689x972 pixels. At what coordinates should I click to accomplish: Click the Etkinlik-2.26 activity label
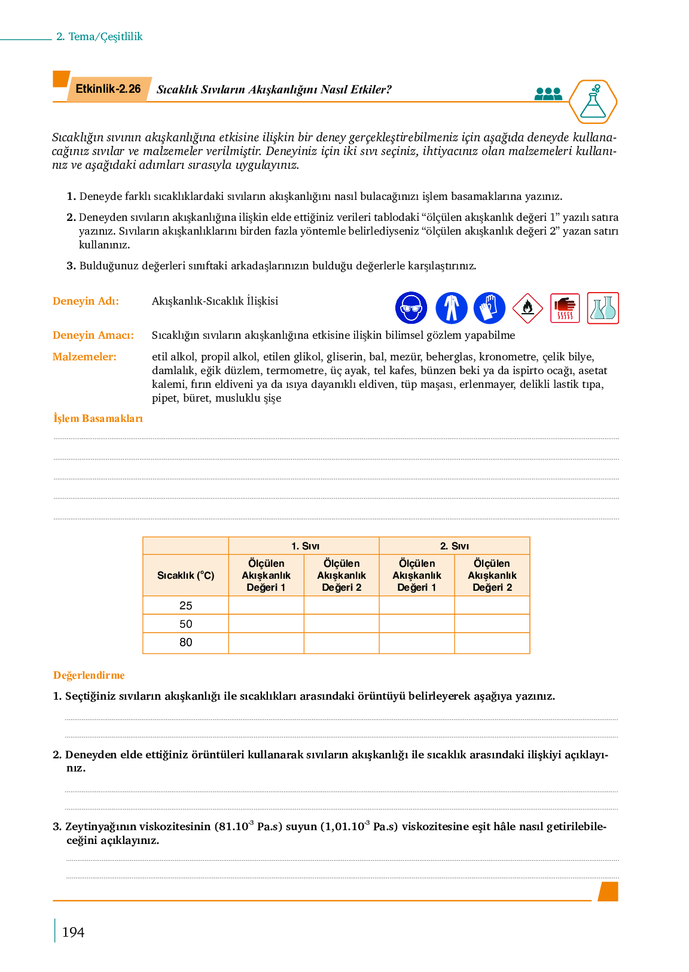pos(108,89)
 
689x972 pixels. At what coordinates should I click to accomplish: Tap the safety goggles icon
pos(411,308)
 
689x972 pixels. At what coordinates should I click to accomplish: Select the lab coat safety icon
pos(452,308)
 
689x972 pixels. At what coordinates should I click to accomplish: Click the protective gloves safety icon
pos(489,308)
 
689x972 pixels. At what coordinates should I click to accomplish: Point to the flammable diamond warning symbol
pos(528,308)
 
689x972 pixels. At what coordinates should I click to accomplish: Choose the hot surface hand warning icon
pos(565,308)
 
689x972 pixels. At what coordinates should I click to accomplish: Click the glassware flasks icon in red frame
pos(603,308)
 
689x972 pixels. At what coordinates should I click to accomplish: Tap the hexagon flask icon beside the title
pos(593,102)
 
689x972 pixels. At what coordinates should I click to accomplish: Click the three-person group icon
pos(548,94)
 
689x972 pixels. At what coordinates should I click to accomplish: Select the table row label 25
pos(186,606)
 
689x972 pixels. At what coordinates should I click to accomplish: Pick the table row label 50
pos(186,624)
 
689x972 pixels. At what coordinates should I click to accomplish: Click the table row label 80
pos(186,643)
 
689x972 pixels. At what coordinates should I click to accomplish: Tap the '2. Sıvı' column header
pos(455,546)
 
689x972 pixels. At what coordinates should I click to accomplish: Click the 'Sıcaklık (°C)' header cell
pos(185,576)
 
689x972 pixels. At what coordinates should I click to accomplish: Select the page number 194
pos(73,932)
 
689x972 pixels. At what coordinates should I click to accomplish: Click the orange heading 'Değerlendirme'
pos(89,675)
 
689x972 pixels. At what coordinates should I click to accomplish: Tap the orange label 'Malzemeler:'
pos(84,357)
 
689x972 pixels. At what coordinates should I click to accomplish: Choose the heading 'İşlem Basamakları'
pos(98,418)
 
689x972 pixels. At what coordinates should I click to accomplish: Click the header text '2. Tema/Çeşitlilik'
pos(99,37)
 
